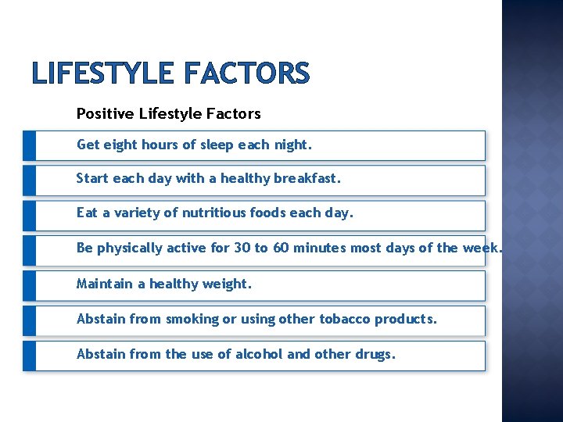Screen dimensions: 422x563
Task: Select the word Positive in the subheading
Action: pos(106,114)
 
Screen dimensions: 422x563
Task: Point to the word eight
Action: pos(119,145)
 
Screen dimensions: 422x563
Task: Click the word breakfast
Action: pos(307,178)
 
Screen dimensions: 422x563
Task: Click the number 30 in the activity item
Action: pos(242,248)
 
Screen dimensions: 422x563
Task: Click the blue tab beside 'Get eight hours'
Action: pos(29,145)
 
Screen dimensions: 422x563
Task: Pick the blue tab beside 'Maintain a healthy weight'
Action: pos(29,285)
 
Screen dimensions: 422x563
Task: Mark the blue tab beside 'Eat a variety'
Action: pos(29,215)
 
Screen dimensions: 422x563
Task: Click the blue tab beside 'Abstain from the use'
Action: pos(29,356)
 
